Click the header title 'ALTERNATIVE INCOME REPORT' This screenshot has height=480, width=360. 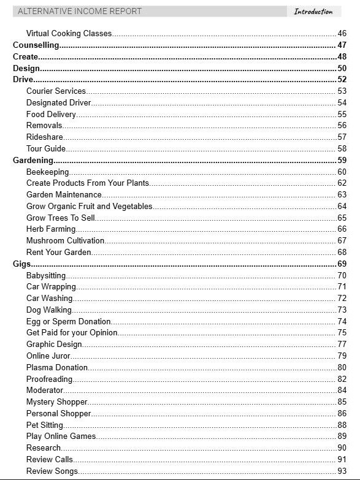point(80,11)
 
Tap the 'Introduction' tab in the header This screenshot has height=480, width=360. point(313,11)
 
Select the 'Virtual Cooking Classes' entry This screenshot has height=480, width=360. point(69,34)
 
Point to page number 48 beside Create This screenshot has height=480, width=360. point(342,56)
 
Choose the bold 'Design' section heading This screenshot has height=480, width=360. point(26,68)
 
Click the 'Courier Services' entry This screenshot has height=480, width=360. point(56,91)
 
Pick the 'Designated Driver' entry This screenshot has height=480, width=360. point(58,103)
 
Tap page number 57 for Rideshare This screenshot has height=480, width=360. point(342,137)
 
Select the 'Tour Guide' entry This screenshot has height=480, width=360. point(46,149)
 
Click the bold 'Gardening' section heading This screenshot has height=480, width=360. point(33,161)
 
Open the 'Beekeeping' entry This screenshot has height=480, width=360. point(47,172)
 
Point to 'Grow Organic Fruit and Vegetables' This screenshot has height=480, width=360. point(89,207)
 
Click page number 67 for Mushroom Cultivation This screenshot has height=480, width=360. point(342,241)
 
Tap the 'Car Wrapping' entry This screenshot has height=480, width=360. point(51,287)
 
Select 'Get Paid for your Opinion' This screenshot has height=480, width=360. point(72,333)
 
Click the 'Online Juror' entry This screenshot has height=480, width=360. point(48,356)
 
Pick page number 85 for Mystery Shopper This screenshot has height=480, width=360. point(342,402)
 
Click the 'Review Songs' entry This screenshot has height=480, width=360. point(52,471)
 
